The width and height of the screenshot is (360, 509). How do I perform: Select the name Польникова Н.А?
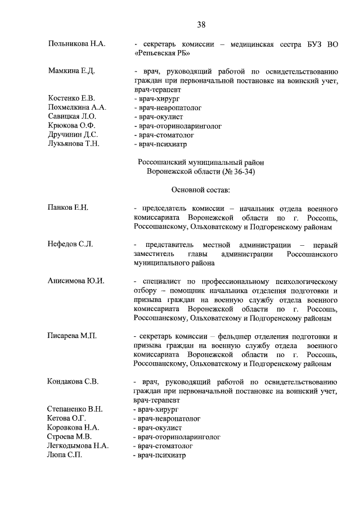[x=77, y=43]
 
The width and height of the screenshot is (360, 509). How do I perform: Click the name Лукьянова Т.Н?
[x=74, y=144]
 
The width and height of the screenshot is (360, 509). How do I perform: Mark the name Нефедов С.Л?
[x=70, y=245]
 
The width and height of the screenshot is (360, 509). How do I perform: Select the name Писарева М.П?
[x=73, y=336]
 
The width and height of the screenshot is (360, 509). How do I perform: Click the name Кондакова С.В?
[x=74, y=381]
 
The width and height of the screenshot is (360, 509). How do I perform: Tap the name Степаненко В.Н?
[x=75, y=409]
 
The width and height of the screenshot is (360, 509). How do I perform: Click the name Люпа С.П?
[x=65, y=454]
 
